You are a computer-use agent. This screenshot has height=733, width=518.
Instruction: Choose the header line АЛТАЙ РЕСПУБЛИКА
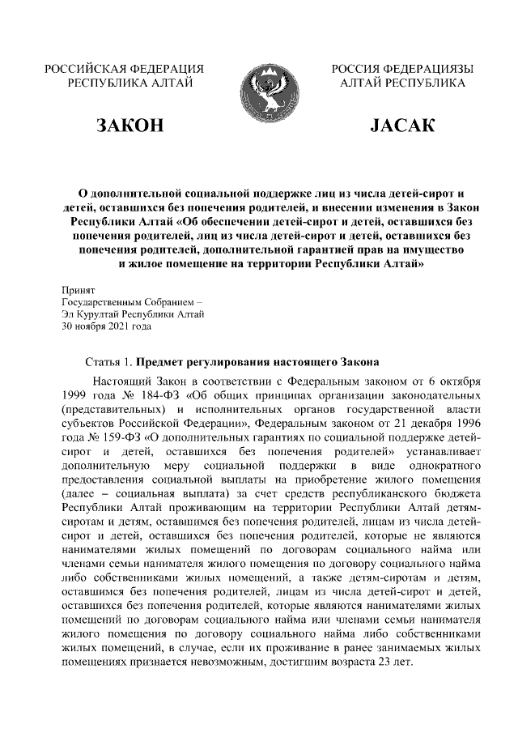(x=402, y=83)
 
